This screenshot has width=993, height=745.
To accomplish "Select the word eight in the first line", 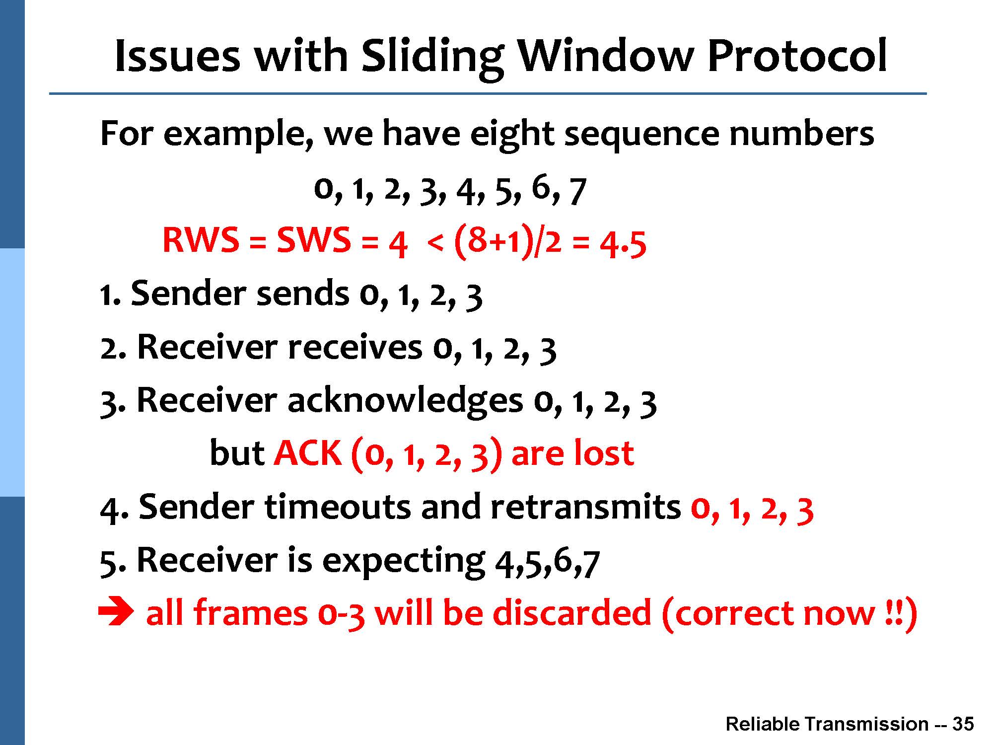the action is click(x=511, y=135).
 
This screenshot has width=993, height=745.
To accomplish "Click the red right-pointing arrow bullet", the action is click(x=116, y=613).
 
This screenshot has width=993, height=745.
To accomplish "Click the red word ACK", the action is click(x=308, y=453).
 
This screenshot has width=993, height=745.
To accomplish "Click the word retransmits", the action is click(x=586, y=507).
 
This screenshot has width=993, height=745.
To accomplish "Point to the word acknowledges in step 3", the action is click(x=405, y=401).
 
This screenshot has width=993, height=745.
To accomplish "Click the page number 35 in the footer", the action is click(x=963, y=724).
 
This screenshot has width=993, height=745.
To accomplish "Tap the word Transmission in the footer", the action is click(x=866, y=724).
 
